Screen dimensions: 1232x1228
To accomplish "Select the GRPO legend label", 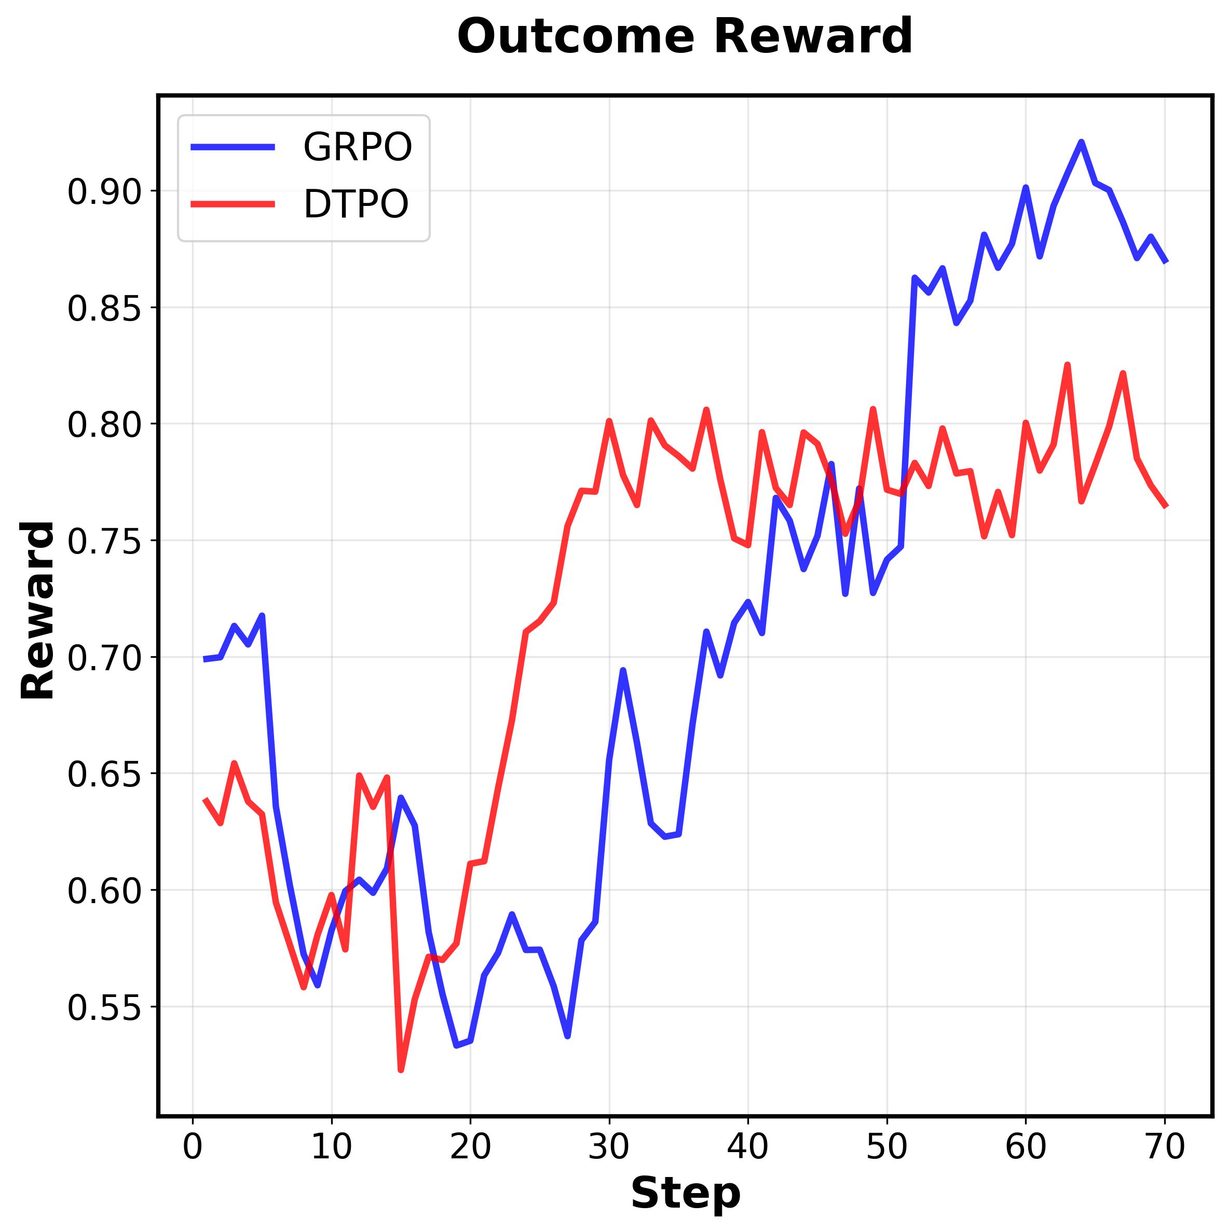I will coord(357,147).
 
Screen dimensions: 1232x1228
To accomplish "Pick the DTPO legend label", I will coord(356,205).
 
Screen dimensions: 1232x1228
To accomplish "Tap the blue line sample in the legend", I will coord(233,147).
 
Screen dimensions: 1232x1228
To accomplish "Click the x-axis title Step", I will coord(685,1193).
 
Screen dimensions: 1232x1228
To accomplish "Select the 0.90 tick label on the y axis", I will coord(95,192).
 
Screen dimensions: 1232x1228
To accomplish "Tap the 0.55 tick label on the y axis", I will coord(95,1008).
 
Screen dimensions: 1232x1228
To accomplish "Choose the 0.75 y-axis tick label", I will coord(95,542).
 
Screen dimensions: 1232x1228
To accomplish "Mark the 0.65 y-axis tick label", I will coord(95,775).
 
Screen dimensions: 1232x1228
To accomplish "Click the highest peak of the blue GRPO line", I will coord(1081,142).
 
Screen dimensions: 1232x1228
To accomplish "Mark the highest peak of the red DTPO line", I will coord(1067,365).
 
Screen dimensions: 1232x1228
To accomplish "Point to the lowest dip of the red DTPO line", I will coord(401,1070).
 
